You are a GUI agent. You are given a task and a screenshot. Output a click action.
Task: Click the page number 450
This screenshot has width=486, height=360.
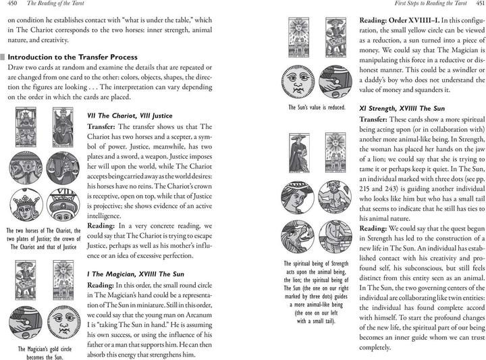pyautogui.click(x=13, y=7)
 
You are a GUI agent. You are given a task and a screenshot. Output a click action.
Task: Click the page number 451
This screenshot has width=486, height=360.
pyautogui.click(x=475, y=7)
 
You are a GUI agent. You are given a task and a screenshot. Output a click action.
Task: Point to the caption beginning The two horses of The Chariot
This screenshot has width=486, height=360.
pyautogui.click(x=43, y=241)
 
